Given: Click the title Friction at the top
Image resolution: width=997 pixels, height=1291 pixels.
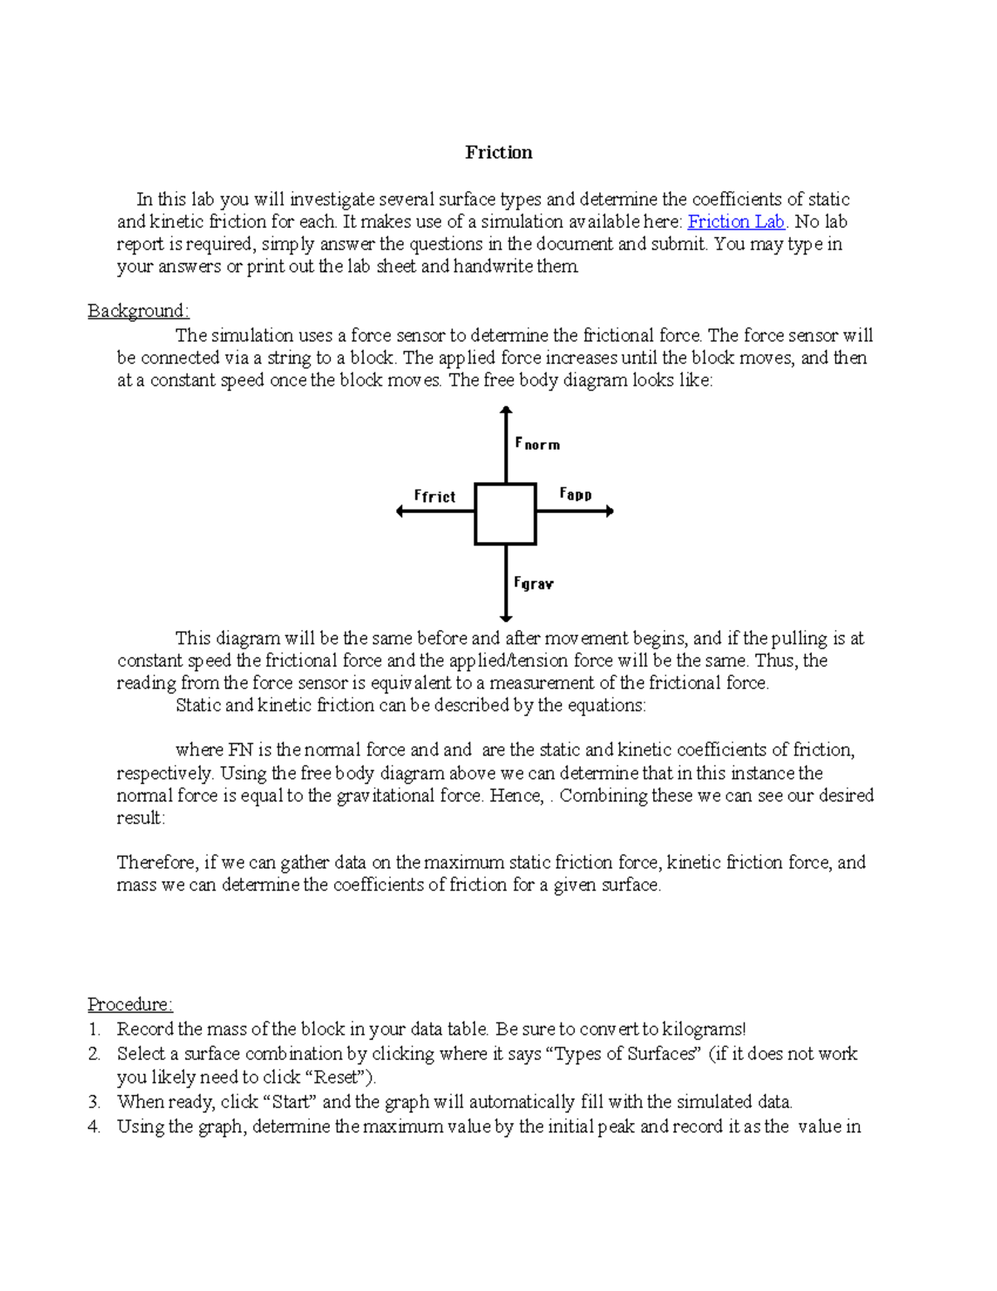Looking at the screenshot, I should [498, 152].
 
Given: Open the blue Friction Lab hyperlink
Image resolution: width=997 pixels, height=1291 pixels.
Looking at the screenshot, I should [735, 222].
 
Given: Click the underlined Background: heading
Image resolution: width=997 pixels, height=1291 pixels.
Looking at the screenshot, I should [139, 311].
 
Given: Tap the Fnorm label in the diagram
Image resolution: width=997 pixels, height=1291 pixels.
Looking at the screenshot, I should [538, 444].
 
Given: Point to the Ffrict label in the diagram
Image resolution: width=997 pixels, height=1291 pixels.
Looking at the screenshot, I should [435, 496].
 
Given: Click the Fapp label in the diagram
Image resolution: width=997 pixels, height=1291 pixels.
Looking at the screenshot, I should [575, 494].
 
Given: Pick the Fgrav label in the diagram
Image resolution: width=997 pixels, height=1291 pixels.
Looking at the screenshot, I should [533, 584].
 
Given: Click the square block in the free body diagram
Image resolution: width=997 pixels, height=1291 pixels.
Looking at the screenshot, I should [505, 514].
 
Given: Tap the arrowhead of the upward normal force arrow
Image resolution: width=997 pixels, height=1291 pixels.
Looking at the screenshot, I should [505, 410].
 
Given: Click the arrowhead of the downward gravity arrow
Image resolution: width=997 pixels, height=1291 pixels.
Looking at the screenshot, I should [505, 618].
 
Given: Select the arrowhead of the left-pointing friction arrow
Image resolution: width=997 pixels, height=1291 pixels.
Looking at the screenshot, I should [400, 511].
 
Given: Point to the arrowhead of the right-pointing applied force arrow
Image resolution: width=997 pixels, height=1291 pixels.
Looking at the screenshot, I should [610, 511].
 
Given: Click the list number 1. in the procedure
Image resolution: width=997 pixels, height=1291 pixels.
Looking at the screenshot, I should [94, 1029].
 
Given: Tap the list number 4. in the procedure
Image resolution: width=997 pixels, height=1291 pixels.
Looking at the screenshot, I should [94, 1127].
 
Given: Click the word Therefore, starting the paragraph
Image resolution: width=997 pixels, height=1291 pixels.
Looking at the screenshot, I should [157, 863].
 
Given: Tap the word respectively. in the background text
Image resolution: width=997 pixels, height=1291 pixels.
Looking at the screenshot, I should [165, 773].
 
